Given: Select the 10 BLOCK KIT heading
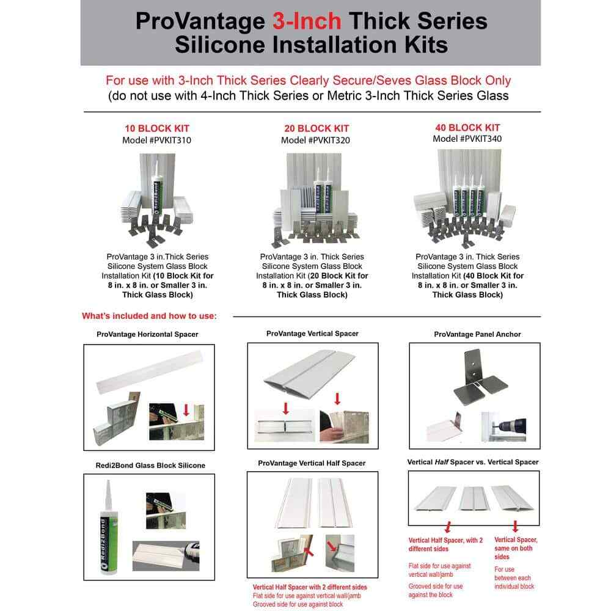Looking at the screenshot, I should coord(157,128).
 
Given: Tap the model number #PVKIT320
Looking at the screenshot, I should coord(315,140).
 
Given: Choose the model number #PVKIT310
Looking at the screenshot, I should coord(157,140).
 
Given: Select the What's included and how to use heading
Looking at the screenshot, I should coord(149,316).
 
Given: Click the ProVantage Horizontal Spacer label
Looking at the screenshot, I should coord(147,334).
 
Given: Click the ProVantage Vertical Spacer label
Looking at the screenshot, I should coord(312,334).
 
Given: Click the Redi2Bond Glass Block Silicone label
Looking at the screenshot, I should coord(149,466).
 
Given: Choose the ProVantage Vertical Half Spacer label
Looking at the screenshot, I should coord(312,463).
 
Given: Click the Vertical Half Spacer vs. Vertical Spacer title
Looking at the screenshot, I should coord(473,462).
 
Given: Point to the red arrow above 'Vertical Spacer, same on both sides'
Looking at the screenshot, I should coord(515,526).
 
